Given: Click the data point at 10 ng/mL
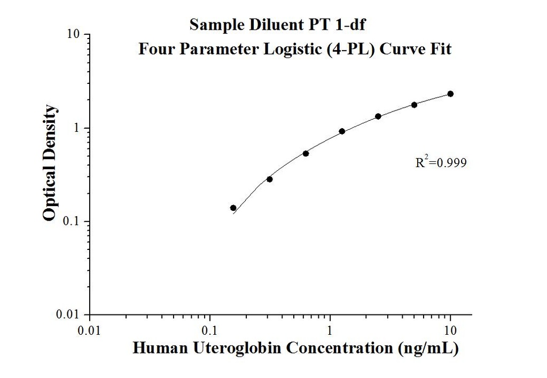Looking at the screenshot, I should click(x=450, y=94).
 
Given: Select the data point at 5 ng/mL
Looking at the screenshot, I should click(x=414, y=105).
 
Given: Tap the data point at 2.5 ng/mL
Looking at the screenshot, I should click(x=378, y=116).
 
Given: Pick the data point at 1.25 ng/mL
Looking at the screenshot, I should click(x=342, y=131).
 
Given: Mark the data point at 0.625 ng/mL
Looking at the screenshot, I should click(x=306, y=153).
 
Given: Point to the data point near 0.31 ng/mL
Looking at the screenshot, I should click(x=270, y=179).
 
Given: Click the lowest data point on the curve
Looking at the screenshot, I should click(x=233, y=208).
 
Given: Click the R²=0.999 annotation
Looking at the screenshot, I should click(x=441, y=162).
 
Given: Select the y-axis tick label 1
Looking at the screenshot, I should click(x=77, y=128).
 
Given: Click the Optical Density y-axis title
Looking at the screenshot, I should click(x=49, y=163).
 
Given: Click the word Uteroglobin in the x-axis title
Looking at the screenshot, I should click(x=229, y=348).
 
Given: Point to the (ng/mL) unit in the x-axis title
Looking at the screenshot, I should click(x=427, y=348).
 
